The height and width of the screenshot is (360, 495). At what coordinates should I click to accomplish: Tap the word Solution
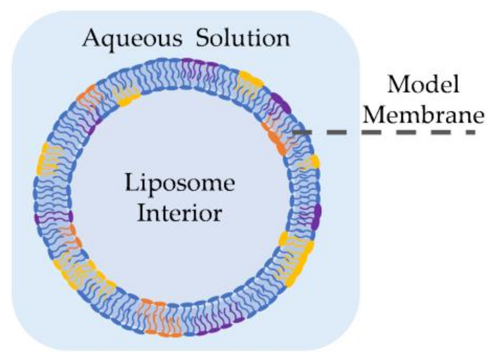pyautogui.click(x=243, y=39)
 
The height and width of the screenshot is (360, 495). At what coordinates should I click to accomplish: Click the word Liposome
pyautogui.click(x=180, y=183)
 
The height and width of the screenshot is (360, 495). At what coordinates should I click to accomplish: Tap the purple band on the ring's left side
pyautogui.click(x=54, y=218)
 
